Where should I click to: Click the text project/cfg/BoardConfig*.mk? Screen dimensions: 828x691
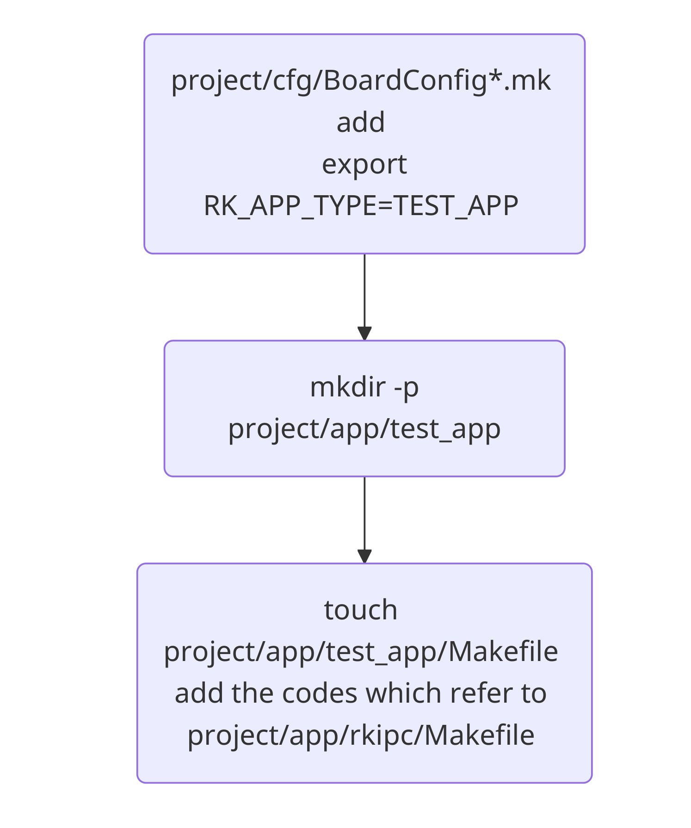[361, 80]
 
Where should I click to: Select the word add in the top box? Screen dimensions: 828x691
[361, 122]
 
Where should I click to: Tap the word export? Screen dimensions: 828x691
[364, 164]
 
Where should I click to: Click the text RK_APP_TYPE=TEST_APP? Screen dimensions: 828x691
[361, 206]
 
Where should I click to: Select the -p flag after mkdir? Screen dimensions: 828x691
[406, 387]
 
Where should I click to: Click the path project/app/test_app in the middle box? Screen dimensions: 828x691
[364, 429]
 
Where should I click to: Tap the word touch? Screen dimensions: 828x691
[361, 610]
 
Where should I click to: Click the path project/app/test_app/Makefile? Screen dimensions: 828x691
[361, 652]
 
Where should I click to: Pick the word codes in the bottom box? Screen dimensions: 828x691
[320, 693]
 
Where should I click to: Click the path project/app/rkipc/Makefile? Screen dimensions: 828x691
[361, 735]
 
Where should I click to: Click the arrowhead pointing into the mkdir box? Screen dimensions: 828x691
[364, 333]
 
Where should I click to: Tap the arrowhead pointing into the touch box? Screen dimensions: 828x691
[364, 556]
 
